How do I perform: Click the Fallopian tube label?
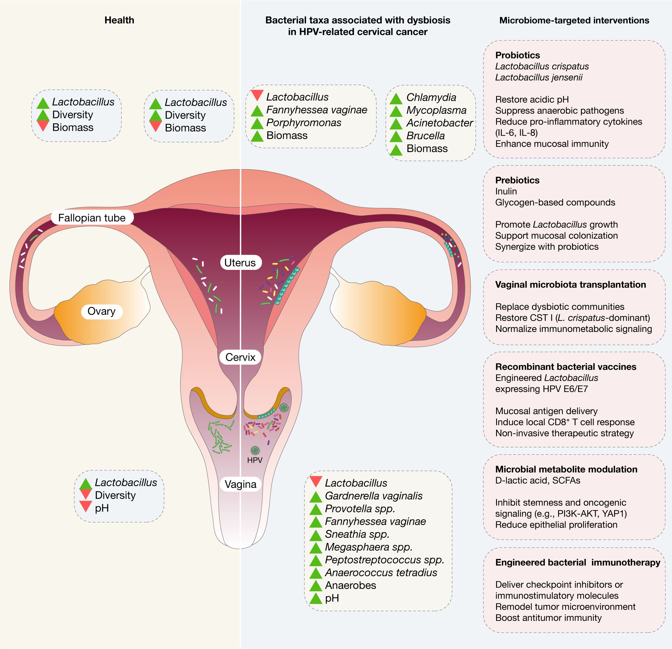(92, 217)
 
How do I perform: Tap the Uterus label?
(240, 262)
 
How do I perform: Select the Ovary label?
(102, 311)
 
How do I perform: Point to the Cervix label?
(240, 357)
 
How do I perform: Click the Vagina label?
(240, 484)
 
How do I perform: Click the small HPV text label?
(255, 460)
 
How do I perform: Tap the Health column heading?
(119, 20)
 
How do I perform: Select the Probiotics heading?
(517, 55)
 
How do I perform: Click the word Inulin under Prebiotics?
(506, 191)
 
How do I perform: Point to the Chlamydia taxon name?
(431, 97)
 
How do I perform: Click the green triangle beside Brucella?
(396, 136)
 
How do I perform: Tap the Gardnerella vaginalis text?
(373, 495)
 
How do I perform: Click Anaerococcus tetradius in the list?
(381, 572)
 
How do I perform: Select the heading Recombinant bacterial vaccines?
(566, 367)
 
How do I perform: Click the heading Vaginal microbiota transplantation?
(570, 285)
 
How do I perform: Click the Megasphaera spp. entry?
(369, 547)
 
